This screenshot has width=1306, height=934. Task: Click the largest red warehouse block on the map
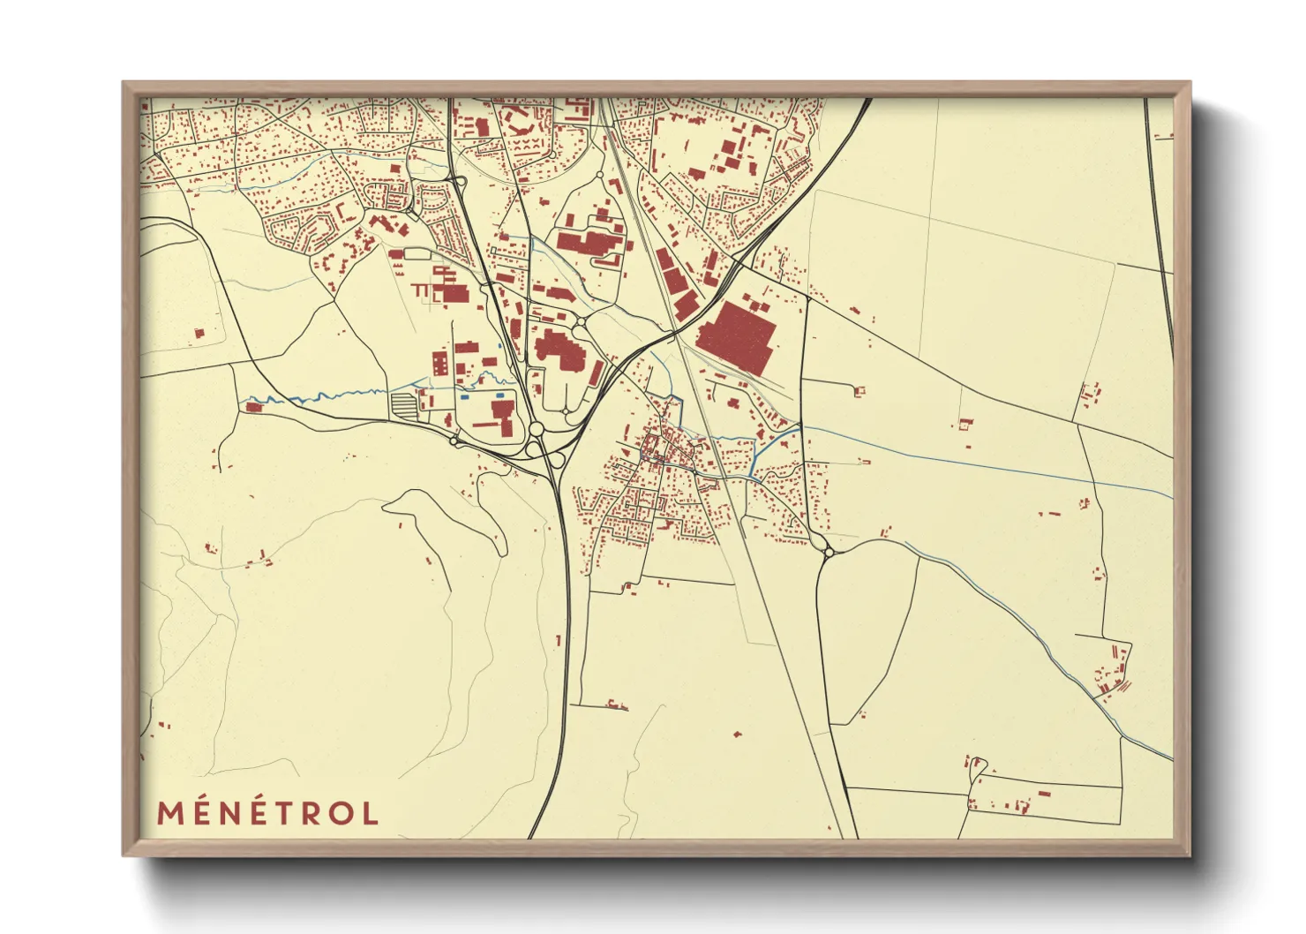(737, 335)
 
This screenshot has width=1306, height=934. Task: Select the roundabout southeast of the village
(828, 552)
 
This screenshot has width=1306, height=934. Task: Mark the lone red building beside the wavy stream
(254, 407)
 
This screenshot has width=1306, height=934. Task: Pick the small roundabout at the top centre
(599, 176)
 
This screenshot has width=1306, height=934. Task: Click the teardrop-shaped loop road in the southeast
(976, 768)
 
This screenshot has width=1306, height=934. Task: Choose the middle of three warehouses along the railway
(673, 281)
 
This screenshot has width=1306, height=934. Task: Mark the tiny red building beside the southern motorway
(559, 639)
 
